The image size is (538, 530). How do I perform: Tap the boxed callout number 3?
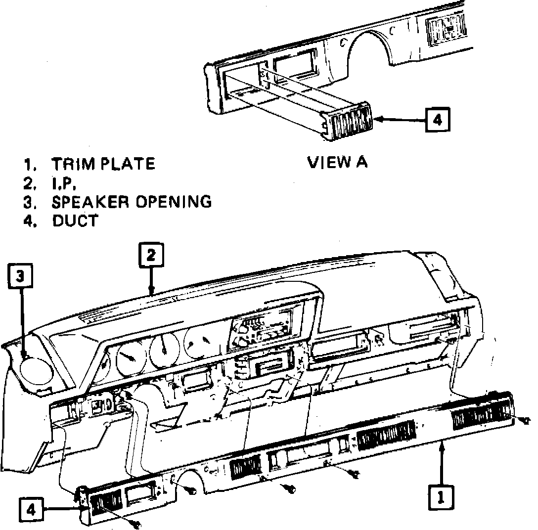[x=19, y=276]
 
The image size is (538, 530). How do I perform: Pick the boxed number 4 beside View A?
[x=439, y=119]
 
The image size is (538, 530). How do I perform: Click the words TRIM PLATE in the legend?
[x=103, y=164]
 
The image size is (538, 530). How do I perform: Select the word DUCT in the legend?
[x=75, y=221]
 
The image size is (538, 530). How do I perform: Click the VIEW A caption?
[x=337, y=162]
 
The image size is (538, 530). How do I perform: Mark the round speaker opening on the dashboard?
[x=36, y=370]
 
